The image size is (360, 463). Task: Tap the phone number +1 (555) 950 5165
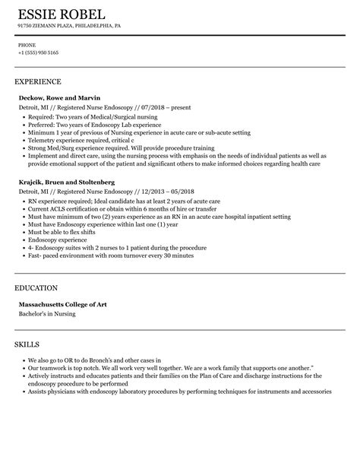(39, 53)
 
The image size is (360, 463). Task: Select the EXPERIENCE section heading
(38, 81)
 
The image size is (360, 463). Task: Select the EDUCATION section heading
(36, 288)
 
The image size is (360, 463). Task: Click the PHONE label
(27, 45)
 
